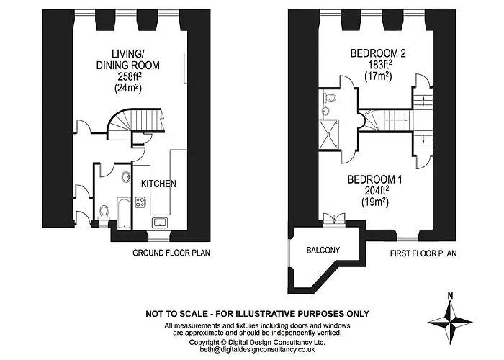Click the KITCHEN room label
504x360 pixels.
coord(158,184)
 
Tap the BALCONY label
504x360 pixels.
coord(323,250)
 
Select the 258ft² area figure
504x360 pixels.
coord(128,76)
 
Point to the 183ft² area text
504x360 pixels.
coord(378,65)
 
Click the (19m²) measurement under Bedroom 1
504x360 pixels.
coord(375,202)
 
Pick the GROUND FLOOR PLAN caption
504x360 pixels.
coord(171,253)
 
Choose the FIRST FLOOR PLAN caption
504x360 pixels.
coord(423,253)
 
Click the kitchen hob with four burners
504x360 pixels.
coord(140,202)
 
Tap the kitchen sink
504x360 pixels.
coord(159,222)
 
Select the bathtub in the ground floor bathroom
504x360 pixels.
coord(124,213)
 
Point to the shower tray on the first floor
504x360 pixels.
coord(329,135)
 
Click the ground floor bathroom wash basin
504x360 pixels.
coord(126,177)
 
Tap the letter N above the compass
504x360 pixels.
coord(451,296)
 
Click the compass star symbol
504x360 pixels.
coord(450,322)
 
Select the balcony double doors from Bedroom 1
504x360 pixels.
coord(334,220)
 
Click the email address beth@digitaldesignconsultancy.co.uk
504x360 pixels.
coord(258,350)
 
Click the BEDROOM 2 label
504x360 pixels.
coord(378,53)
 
